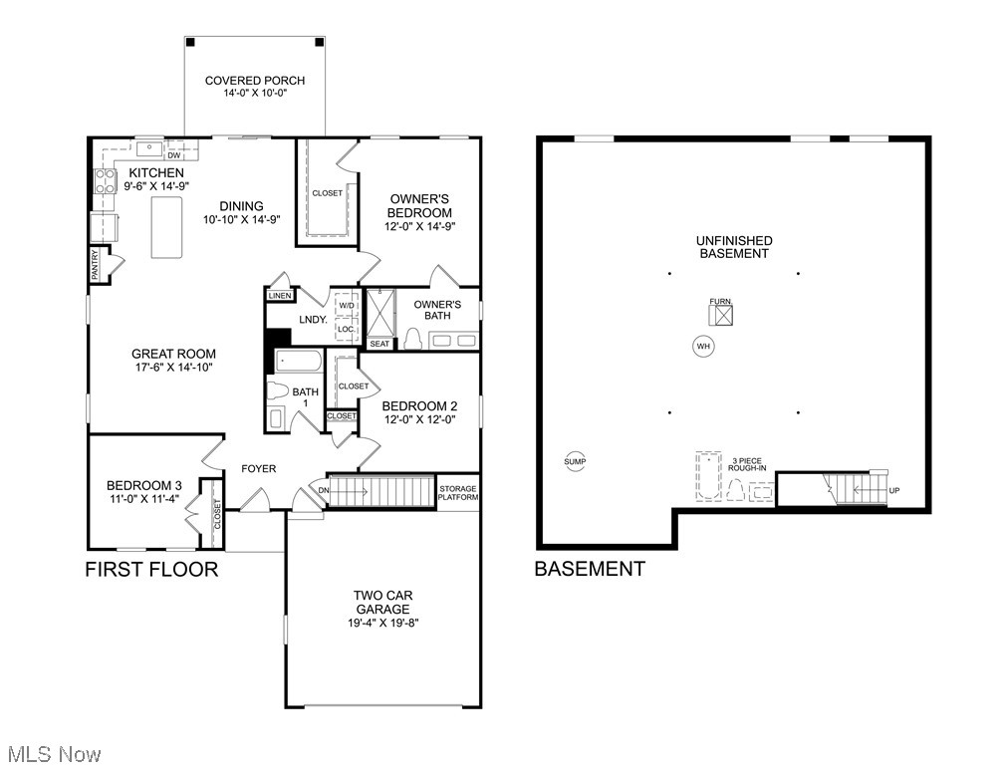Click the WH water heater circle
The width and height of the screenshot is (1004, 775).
703,347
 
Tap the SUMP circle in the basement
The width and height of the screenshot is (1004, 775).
575,461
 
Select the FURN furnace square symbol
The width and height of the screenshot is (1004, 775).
720,315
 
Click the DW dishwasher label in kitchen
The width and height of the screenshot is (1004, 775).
173,155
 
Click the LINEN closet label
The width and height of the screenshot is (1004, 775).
279,296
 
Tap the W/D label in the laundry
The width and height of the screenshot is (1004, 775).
347,306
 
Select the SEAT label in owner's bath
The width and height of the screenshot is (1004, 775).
379,344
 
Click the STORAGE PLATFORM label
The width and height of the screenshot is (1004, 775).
458,492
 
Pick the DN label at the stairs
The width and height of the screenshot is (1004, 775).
324,489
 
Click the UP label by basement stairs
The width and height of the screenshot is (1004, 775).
893,490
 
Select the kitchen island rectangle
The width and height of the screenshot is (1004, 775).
166,227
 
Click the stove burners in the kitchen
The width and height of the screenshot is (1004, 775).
105,180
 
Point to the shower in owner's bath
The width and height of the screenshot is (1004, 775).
380,313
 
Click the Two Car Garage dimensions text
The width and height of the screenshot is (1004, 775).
382,624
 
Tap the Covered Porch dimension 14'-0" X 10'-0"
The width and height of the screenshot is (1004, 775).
255,95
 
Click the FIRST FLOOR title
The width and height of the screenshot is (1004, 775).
151,570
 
